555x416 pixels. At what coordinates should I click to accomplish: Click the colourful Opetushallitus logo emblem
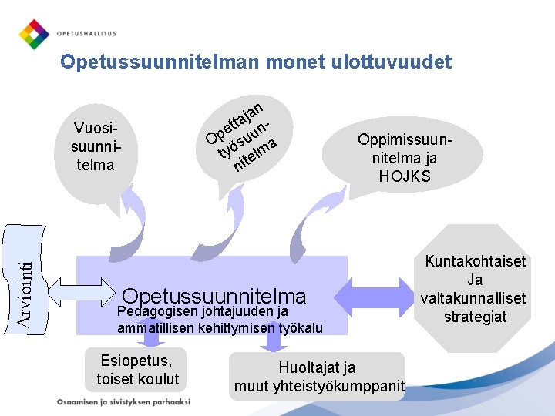click(x=33, y=34)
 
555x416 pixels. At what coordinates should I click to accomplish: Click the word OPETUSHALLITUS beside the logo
click(x=86, y=35)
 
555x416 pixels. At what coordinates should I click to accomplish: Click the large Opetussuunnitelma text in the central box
click(x=214, y=296)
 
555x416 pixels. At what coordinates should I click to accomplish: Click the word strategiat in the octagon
click(x=475, y=317)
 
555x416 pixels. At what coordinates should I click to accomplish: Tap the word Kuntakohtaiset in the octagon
click(x=475, y=261)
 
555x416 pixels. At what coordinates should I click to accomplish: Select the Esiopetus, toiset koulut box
click(x=137, y=370)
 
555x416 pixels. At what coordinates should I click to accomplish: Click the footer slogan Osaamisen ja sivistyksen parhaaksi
click(x=123, y=402)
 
